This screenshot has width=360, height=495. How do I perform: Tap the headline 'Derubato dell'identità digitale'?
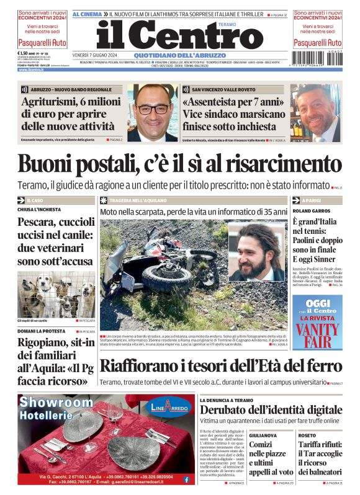pyautogui.click(x=271, y=409)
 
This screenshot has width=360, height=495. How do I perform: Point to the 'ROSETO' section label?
pyautogui.click(x=307, y=435)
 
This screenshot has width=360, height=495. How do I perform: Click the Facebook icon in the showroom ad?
pyautogui.click(x=186, y=479)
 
